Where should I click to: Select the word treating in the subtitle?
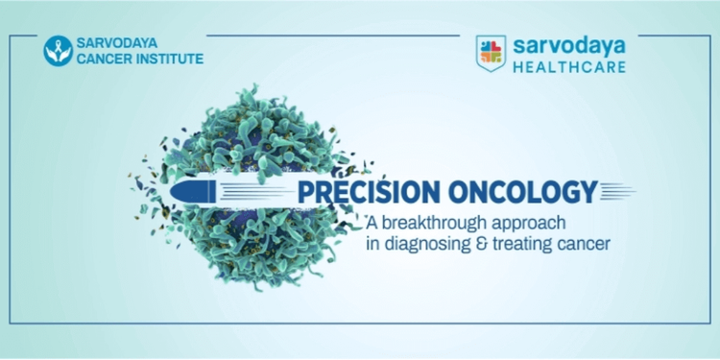point(524,245)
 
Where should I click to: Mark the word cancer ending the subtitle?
point(587,245)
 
